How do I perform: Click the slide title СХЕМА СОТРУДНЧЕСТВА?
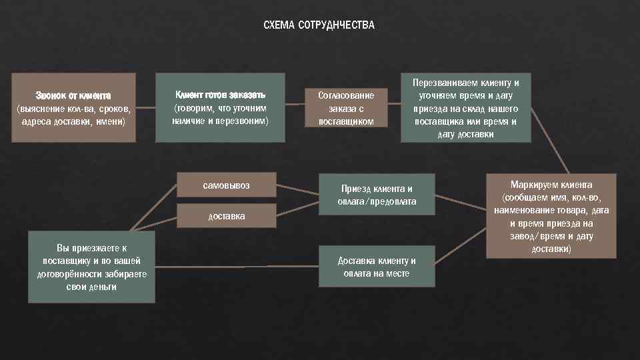[x=319, y=25]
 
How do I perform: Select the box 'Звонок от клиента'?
[x=74, y=107]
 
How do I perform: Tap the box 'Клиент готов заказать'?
[x=220, y=107]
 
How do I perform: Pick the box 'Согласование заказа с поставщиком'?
[x=345, y=107]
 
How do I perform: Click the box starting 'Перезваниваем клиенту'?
[x=465, y=107]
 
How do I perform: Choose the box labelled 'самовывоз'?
[x=226, y=185]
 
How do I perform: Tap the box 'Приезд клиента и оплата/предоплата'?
[x=377, y=195]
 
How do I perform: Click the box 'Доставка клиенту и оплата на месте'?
[x=377, y=267]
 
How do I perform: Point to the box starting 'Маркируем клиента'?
[x=551, y=216]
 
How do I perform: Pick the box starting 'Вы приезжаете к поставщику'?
[x=91, y=267]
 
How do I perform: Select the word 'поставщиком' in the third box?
[x=345, y=121]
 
